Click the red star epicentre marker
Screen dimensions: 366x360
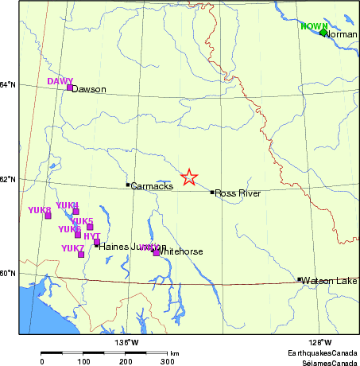pos(189,177)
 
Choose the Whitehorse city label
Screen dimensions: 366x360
pos(181,251)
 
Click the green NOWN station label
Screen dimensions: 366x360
pos(315,26)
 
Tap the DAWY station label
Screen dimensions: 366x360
pos(60,81)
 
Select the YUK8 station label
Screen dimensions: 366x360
pos(39,210)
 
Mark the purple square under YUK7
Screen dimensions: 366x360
pos(80,255)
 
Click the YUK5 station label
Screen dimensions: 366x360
pos(83,220)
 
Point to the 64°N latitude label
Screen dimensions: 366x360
pos(7,85)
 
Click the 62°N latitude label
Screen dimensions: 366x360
pos(7,179)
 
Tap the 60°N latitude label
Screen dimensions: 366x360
pos(7,273)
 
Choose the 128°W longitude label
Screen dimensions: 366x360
pos(319,342)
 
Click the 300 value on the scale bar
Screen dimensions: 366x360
pos(168,361)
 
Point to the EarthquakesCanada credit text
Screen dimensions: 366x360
pos(323,351)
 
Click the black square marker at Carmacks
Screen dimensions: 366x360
pos(127,185)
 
